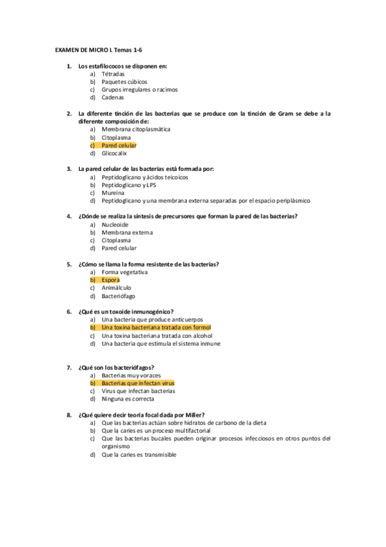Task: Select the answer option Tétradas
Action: (113, 74)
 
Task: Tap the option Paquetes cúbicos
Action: (124, 82)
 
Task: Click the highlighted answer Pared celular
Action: (119, 146)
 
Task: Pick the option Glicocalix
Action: (114, 154)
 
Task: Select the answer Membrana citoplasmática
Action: (135, 130)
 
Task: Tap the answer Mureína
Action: (113, 192)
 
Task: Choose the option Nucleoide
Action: (115, 224)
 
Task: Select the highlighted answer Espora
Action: (111, 280)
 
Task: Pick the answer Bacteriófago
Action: (118, 295)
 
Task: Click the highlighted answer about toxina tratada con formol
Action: (156, 328)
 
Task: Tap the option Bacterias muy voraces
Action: (131, 375)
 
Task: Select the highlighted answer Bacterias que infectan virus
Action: (138, 383)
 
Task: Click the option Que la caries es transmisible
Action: (139, 455)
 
